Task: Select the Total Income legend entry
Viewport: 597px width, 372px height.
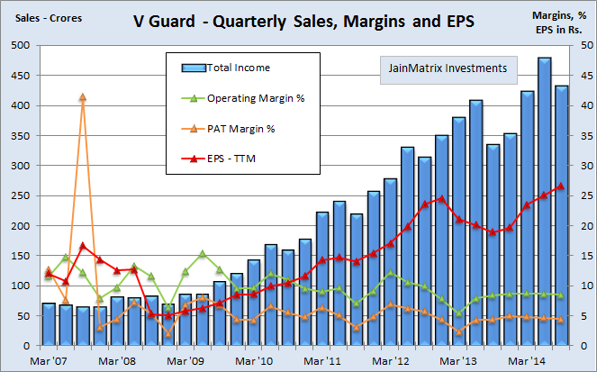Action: (x=238, y=68)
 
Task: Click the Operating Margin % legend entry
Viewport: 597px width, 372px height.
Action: (x=255, y=97)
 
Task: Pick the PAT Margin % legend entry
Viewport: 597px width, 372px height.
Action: (x=240, y=129)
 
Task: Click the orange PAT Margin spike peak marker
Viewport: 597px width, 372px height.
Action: (x=82, y=97)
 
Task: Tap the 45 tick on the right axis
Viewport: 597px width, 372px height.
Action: (x=582, y=76)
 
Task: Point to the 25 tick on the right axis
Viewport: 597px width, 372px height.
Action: (x=582, y=195)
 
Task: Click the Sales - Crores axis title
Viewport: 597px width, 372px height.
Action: (x=41, y=15)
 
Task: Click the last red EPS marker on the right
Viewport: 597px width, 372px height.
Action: (x=561, y=186)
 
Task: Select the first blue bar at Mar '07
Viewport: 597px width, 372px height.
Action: (x=49, y=325)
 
